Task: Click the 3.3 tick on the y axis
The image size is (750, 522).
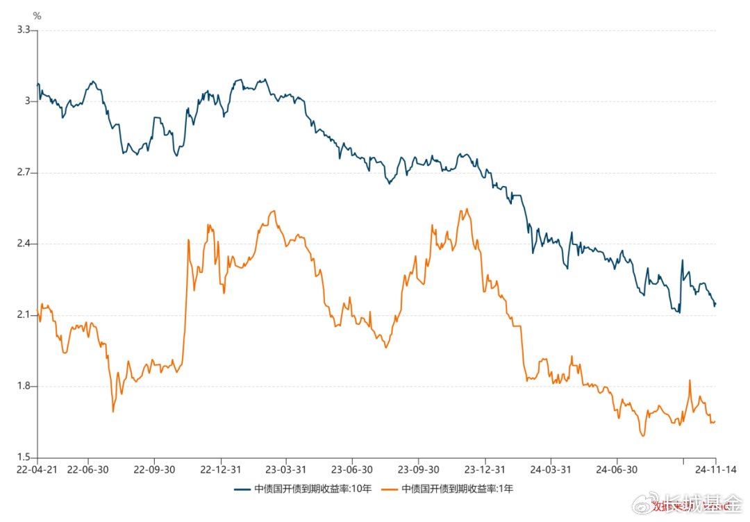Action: click(24, 30)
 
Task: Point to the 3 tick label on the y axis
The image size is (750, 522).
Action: click(28, 101)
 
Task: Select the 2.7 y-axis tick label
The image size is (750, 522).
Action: click(24, 172)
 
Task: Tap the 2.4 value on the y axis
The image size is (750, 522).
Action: click(24, 244)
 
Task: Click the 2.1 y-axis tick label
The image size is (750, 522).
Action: click(24, 315)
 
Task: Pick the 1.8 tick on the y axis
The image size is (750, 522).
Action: click(24, 386)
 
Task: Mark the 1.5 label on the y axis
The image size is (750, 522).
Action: click(24, 457)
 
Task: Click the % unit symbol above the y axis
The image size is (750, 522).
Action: click(37, 15)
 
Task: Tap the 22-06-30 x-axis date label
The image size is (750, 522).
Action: click(88, 469)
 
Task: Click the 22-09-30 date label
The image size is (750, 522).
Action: click(154, 469)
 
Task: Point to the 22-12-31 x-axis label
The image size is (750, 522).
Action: click(220, 469)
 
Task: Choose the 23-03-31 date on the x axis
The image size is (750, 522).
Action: click(285, 469)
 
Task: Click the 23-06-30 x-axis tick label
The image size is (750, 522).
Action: click(351, 469)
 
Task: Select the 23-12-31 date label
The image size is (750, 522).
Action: click(484, 469)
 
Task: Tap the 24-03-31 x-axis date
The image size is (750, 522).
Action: click(550, 469)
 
